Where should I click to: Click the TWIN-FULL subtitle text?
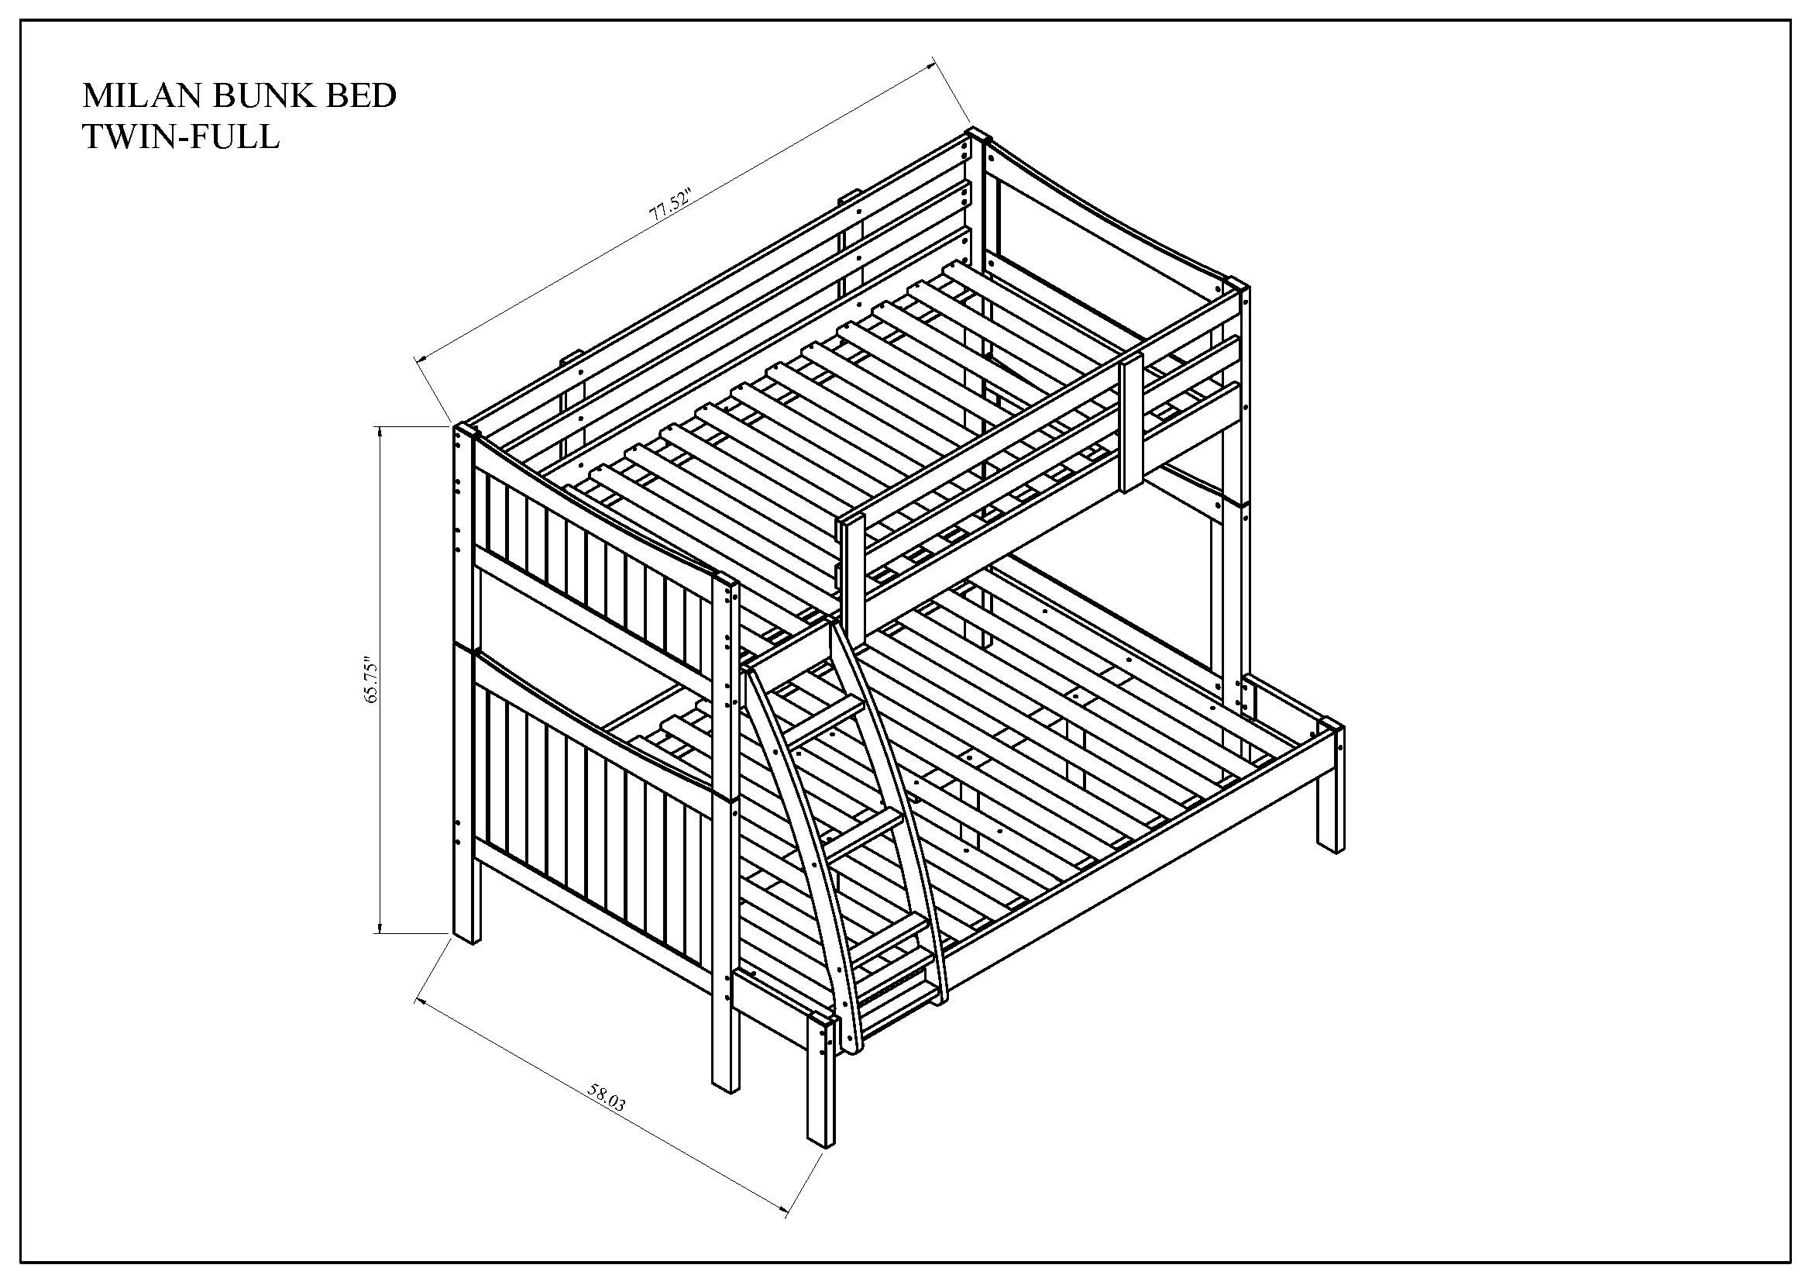(181, 137)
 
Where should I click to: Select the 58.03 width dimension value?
(606, 1098)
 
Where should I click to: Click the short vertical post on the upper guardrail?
(1132, 423)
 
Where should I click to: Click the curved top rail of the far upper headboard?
(1105, 213)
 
